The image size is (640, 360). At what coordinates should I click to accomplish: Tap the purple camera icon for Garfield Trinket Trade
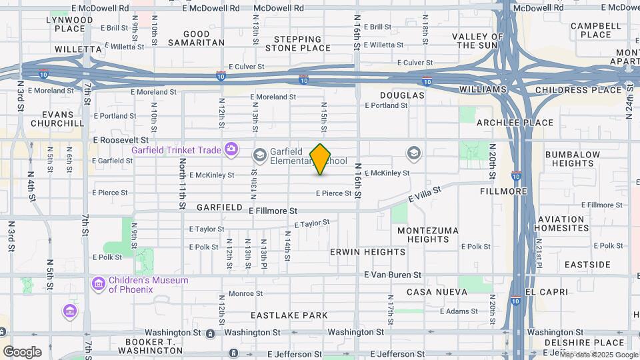pos(231,149)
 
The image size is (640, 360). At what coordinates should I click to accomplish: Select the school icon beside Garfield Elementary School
pos(259,155)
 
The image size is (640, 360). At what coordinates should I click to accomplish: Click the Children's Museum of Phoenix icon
pos(99,285)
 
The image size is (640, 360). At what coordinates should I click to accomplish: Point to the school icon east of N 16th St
pos(413,155)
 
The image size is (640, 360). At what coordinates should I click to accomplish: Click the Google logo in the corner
pos(22,351)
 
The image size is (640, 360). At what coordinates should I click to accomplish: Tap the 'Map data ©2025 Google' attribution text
pos(598,355)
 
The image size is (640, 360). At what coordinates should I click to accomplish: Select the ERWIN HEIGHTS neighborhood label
pos(367,252)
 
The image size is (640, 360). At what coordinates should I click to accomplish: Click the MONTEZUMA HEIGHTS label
pos(427,235)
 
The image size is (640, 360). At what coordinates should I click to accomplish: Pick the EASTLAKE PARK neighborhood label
pos(289,315)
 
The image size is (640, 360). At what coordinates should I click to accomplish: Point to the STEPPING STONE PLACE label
pos(297,43)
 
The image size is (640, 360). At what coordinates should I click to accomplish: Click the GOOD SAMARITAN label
pos(196,38)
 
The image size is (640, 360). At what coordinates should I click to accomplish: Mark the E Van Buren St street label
pos(393,275)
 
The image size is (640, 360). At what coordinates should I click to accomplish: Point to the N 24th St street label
pos(629,101)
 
